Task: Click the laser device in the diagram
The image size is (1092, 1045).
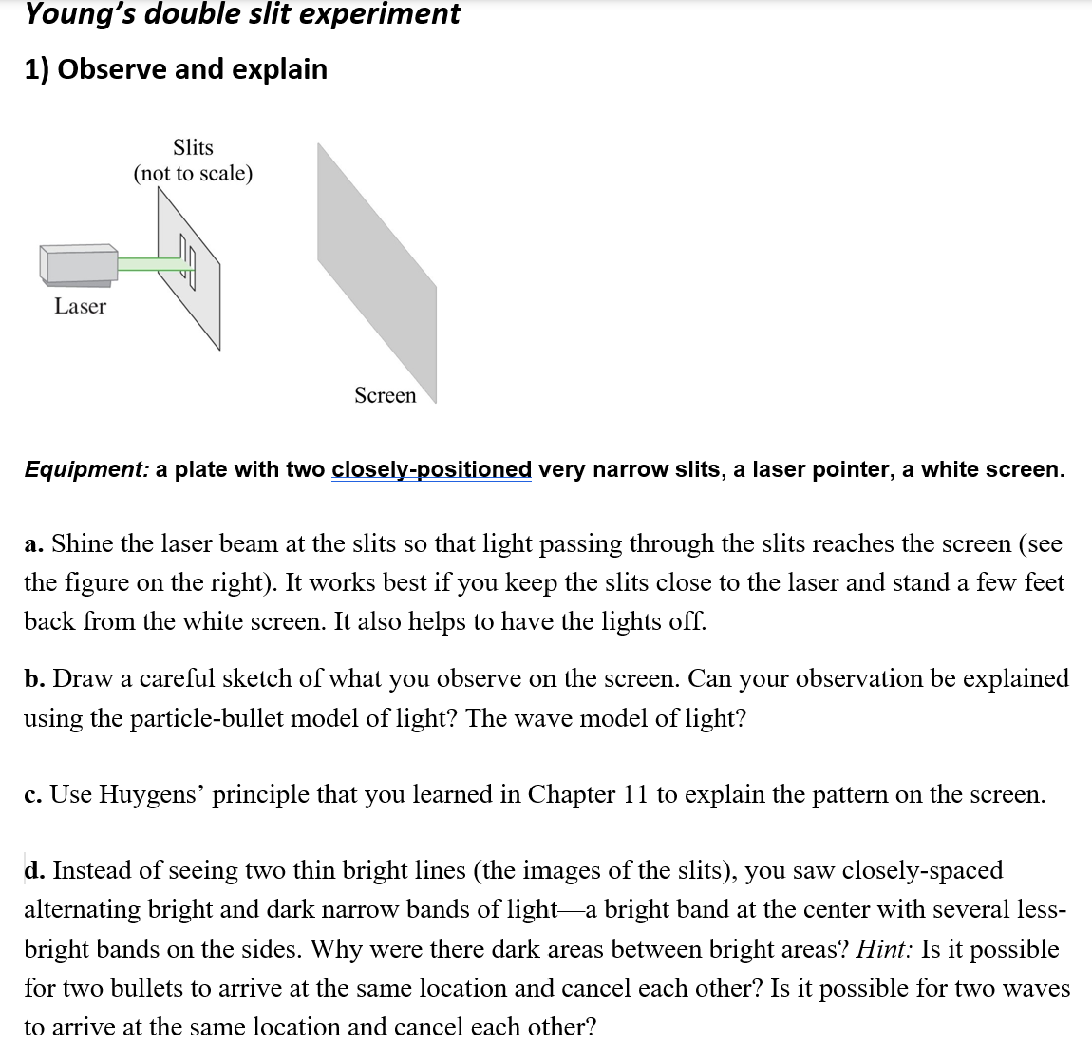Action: [x=78, y=264]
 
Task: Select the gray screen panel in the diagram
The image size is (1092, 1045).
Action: [x=377, y=271]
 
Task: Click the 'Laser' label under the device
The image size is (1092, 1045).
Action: [x=80, y=306]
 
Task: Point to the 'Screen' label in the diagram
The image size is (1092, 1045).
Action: [x=385, y=395]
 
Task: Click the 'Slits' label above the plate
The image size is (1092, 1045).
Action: [x=193, y=147]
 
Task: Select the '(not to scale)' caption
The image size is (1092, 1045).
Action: [x=193, y=174]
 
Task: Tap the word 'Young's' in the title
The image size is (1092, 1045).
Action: [x=76, y=14]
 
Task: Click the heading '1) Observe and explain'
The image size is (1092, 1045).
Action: [x=176, y=69]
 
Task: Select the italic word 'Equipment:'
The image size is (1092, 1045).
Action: [x=86, y=469]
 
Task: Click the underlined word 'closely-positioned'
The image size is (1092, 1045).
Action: [x=431, y=469]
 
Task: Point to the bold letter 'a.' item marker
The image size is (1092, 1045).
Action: [x=33, y=544]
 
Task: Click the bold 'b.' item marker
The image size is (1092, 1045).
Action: [x=34, y=679]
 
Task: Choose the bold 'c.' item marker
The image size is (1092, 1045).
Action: [x=33, y=795]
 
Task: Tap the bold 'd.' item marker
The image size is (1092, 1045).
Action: [x=34, y=871]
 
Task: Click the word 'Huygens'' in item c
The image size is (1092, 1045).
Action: [x=152, y=795]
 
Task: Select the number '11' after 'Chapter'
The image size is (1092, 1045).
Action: [x=635, y=795]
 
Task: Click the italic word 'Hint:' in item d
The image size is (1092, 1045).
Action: [x=885, y=949]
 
